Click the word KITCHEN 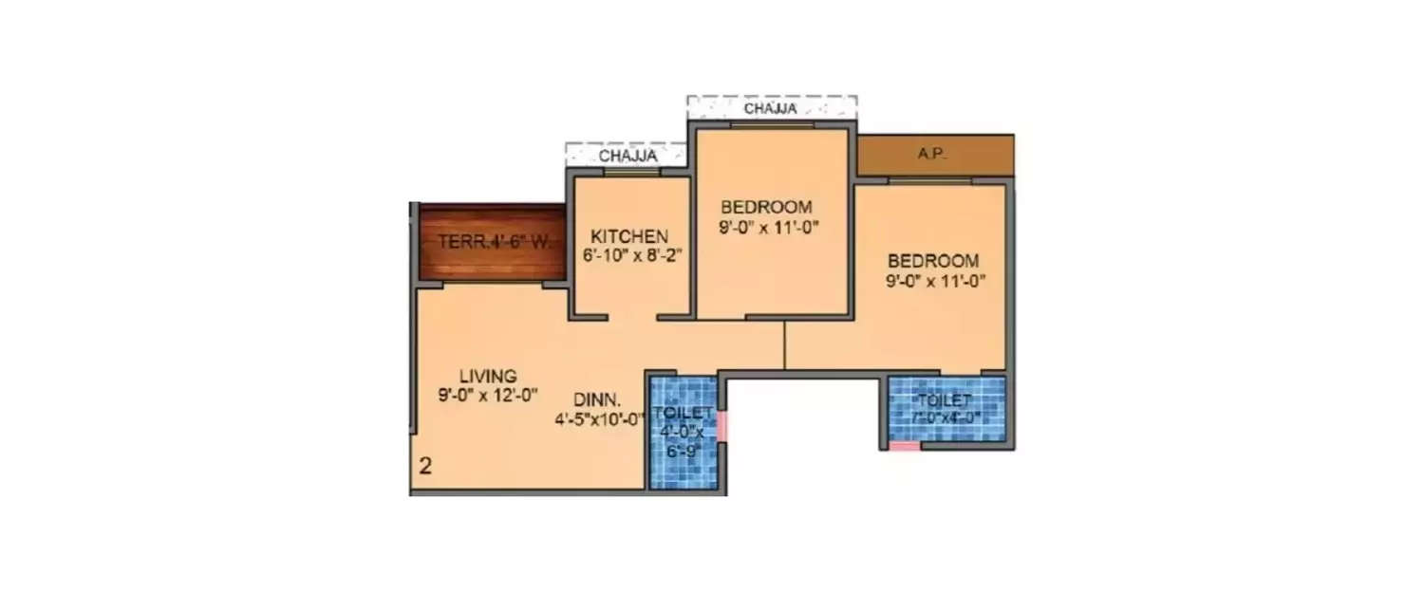(x=629, y=236)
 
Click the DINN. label (x=597, y=399)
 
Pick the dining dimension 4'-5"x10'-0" (x=601, y=417)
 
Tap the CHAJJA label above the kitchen (x=627, y=156)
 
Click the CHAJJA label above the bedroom (x=771, y=109)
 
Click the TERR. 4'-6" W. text (x=494, y=242)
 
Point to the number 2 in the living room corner (x=426, y=466)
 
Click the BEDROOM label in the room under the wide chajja (x=766, y=208)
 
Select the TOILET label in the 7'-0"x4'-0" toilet (x=946, y=400)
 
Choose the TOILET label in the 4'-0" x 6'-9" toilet (x=683, y=414)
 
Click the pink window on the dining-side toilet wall (x=721, y=426)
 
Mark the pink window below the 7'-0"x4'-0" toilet (x=905, y=446)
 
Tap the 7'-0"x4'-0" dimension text (x=946, y=417)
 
